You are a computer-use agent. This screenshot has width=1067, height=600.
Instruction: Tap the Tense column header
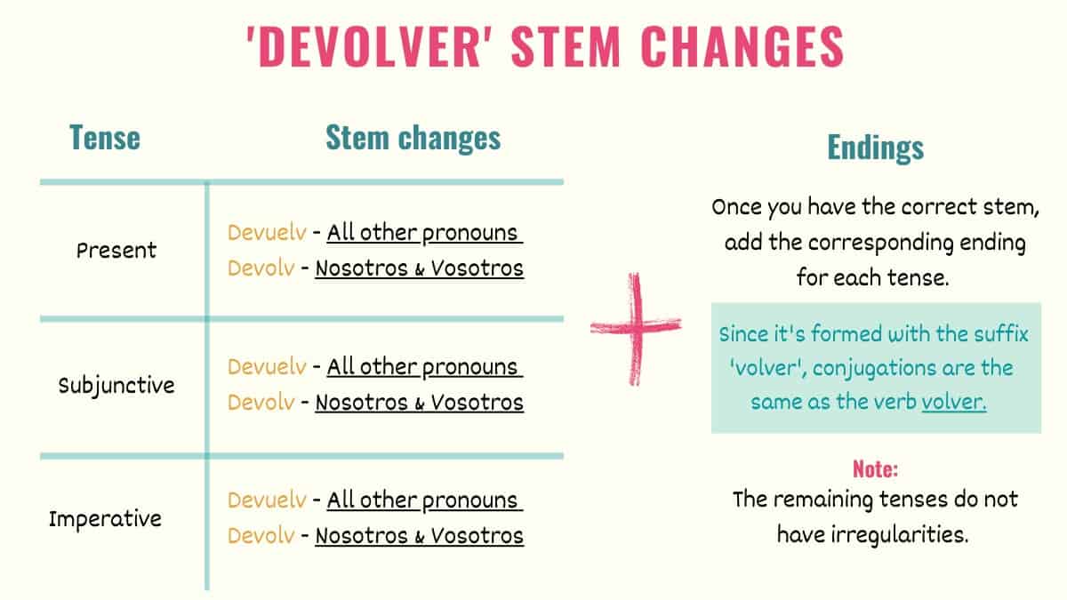pos(105,138)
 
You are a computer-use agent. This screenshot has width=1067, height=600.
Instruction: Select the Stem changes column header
pos(413,138)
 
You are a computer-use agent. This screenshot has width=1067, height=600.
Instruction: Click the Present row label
pos(116,250)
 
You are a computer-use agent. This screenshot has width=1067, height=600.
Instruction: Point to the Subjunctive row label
pos(116,386)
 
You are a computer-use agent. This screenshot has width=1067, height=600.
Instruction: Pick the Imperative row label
pos(105,518)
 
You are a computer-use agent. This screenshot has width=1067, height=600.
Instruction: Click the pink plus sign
pos(637,328)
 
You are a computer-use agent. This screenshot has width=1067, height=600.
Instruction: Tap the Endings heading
pos(876,148)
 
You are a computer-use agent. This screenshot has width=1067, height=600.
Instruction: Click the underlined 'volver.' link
pos(954,401)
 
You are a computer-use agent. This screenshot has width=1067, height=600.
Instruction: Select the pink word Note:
pos(875,468)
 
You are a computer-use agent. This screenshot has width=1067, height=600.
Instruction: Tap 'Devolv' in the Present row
pos(261,268)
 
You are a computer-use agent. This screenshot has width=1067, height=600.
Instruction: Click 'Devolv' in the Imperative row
pos(261,536)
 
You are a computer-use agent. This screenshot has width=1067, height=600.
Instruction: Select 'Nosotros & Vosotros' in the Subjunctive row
pos(419,402)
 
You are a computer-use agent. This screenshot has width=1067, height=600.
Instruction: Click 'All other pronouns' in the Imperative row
pos(423,500)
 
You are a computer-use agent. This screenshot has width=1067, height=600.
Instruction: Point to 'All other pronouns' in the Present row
pos(423,233)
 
